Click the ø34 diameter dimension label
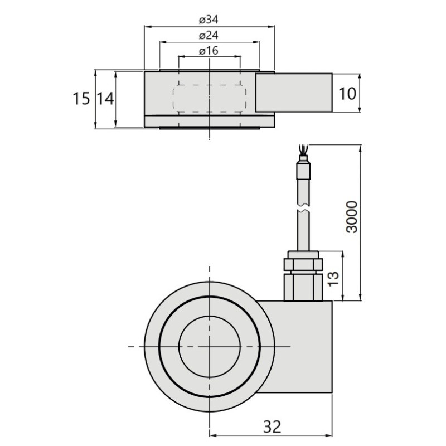click(x=209, y=20)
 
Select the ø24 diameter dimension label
click(x=209, y=35)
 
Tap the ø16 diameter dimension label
click(x=209, y=51)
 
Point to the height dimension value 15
click(x=81, y=99)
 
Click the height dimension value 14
click(x=105, y=99)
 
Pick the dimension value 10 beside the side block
click(x=347, y=94)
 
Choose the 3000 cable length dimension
click(x=352, y=217)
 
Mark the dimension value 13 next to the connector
click(x=333, y=279)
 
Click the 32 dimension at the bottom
click(x=272, y=426)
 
